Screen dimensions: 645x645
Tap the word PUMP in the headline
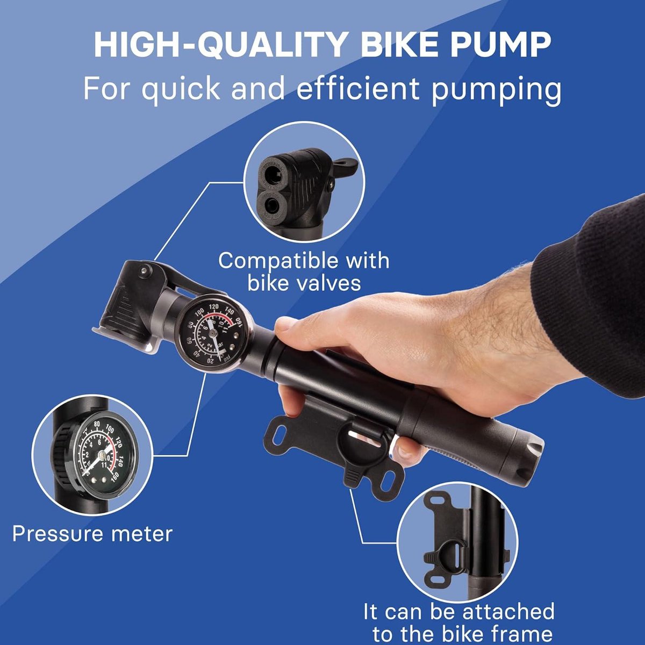pyautogui.click(x=500, y=45)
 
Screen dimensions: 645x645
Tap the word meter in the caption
pyautogui.click(x=142, y=534)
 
